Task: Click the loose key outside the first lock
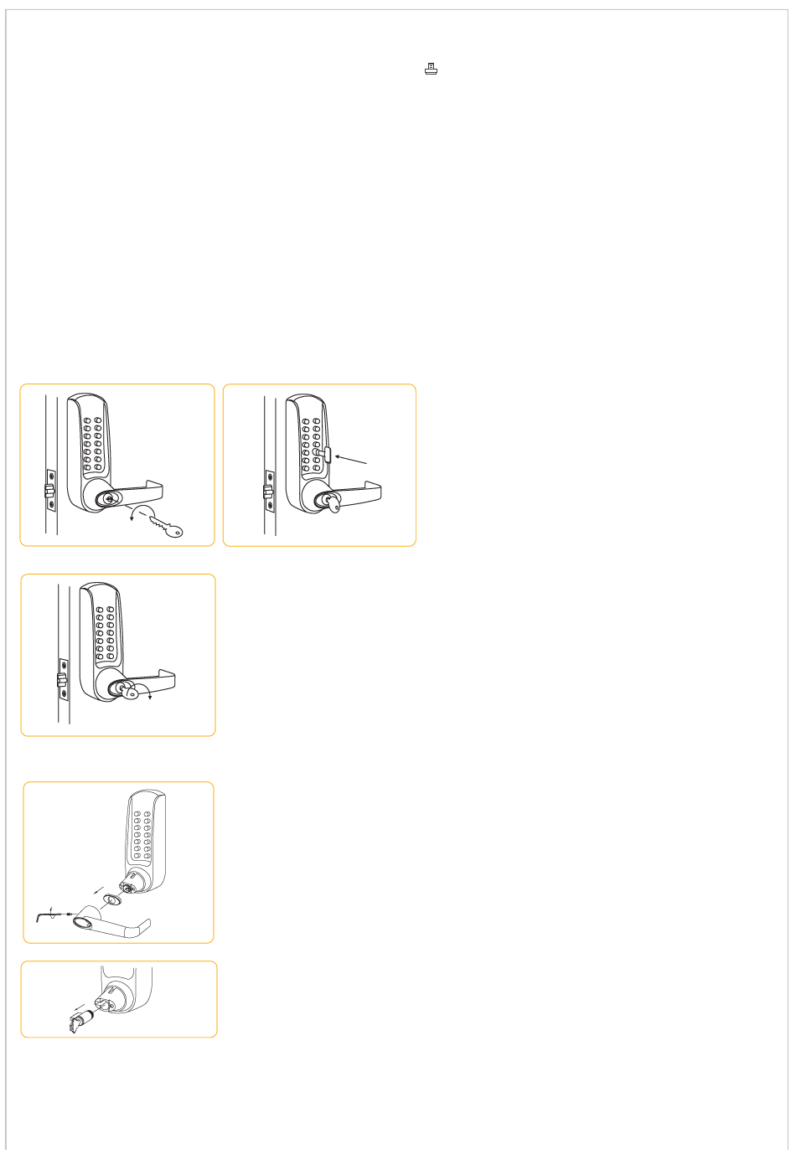tap(167, 527)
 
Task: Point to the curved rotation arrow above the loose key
tap(142, 513)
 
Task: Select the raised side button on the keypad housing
tap(328, 456)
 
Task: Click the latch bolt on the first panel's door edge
tap(49, 487)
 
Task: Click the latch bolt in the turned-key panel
tap(61, 678)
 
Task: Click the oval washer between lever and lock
tap(110, 901)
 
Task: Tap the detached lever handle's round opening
tap(83, 923)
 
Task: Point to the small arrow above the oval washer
tap(100, 889)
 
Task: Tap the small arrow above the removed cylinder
tap(80, 1006)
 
